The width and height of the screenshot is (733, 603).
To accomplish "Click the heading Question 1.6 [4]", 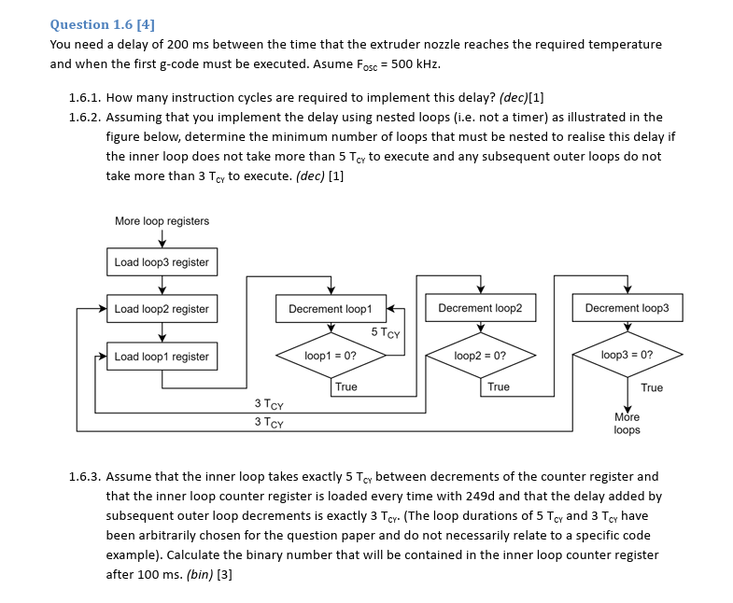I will pos(102,24).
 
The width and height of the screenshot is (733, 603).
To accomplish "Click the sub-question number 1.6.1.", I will pos(86,97).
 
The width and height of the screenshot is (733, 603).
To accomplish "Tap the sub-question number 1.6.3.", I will pos(86,476).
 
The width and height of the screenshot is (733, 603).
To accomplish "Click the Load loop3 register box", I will pos(162,262).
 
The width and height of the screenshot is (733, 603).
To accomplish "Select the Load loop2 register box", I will pos(162,309).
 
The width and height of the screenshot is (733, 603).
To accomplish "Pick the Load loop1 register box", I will pos(162,357).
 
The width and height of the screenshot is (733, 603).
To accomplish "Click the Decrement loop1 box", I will pos(330,308).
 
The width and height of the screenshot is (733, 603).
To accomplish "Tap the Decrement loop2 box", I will pos(480,308).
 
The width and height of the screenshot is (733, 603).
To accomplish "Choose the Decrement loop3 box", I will pos(627,308).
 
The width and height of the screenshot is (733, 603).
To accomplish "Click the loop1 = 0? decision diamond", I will pos(330,356).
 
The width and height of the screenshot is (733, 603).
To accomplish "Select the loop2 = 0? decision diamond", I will pos(480,356).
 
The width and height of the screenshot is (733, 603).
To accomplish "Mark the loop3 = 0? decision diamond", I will pos(627,356).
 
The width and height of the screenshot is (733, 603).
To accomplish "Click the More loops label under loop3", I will pos(627,424).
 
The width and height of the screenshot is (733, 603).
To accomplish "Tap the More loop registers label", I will pos(162,221).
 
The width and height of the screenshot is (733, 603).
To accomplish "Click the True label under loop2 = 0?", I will pos(498,386).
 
